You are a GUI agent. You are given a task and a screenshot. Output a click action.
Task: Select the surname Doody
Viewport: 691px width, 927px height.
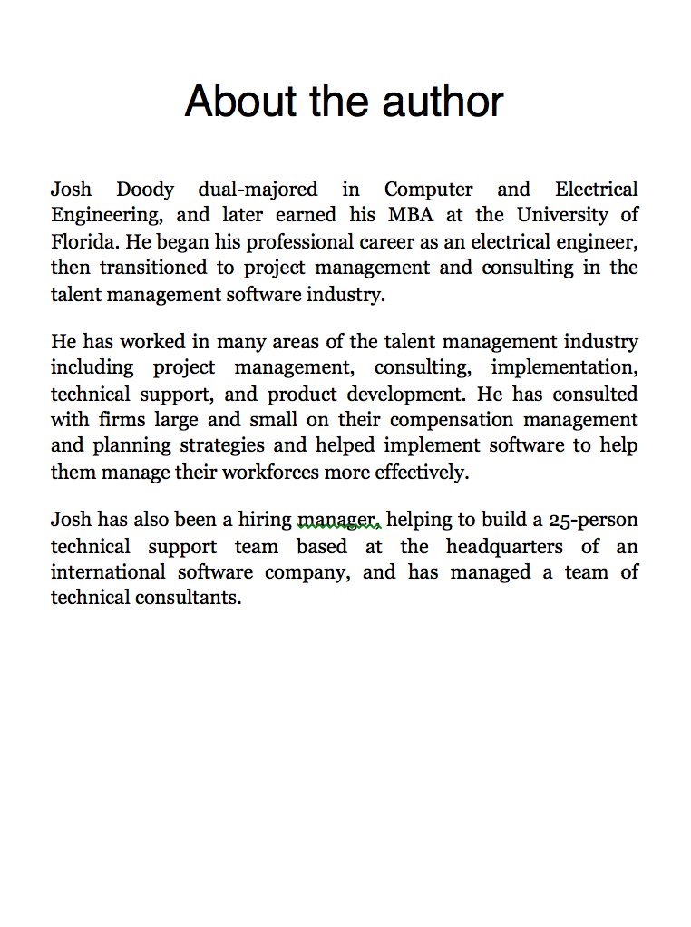145,190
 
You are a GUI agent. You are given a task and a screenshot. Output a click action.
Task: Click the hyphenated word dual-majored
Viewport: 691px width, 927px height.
258,190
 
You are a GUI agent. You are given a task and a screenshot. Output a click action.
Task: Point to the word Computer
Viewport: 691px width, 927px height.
428,190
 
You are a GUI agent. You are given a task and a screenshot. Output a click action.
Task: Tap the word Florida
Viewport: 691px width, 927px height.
83,242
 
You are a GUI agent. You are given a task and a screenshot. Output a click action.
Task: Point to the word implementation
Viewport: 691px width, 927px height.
564,367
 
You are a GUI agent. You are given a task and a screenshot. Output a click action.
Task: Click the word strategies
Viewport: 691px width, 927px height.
222,445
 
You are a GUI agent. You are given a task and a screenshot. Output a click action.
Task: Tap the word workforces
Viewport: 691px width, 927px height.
272,473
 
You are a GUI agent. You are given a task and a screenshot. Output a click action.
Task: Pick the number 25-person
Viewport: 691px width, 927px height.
593,520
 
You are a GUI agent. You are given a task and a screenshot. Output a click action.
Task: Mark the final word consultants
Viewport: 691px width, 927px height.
193,598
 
